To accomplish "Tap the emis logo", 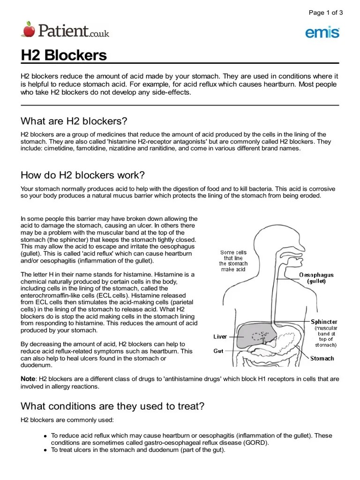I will pyautogui.click(x=322, y=32).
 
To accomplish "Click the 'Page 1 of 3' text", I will pyautogui.click(x=326, y=13).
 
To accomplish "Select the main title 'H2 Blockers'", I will pyautogui.click(x=64, y=55).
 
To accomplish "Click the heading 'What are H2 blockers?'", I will pyautogui.click(x=74, y=121).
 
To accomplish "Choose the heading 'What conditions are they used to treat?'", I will pyautogui.click(x=112, y=406).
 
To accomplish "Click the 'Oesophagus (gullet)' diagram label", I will pyautogui.click(x=316, y=278).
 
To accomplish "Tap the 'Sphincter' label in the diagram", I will pyautogui.click(x=324, y=322).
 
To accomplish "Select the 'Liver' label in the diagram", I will pyautogui.click(x=220, y=337).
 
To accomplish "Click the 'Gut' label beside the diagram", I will pyautogui.click(x=218, y=351).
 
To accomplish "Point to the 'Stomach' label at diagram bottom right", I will pyautogui.click(x=322, y=359).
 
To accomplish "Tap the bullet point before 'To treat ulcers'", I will pyautogui.click(x=45, y=450).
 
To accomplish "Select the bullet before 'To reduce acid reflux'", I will pyautogui.click(x=45, y=435).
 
